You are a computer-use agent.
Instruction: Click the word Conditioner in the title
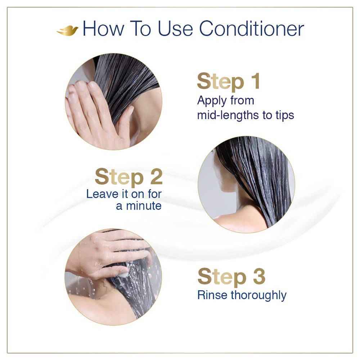tap(251, 29)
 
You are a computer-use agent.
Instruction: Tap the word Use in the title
tap(176, 29)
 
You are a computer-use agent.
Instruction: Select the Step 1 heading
tap(228, 82)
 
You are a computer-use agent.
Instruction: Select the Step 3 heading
tap(231, 277)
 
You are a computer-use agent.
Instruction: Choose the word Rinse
tap(212, 295)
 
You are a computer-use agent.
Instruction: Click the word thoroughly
tap(258, 296)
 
